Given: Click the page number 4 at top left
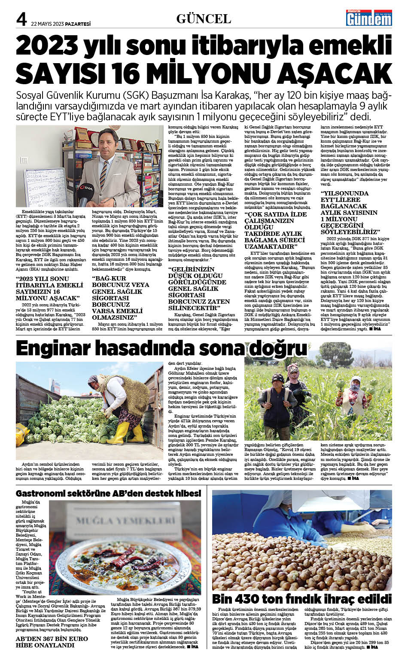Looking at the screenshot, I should [21, 19].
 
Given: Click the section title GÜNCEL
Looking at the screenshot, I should [204, 18].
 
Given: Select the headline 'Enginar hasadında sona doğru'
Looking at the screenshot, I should [161, 348].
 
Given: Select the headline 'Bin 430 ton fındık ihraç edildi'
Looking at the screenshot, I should [301, 598].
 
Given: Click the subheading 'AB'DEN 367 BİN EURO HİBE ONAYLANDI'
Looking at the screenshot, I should [52, 642].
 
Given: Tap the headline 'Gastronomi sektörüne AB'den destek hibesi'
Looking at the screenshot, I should [108, 493].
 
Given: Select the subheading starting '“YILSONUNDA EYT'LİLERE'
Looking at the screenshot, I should [350, 212].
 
